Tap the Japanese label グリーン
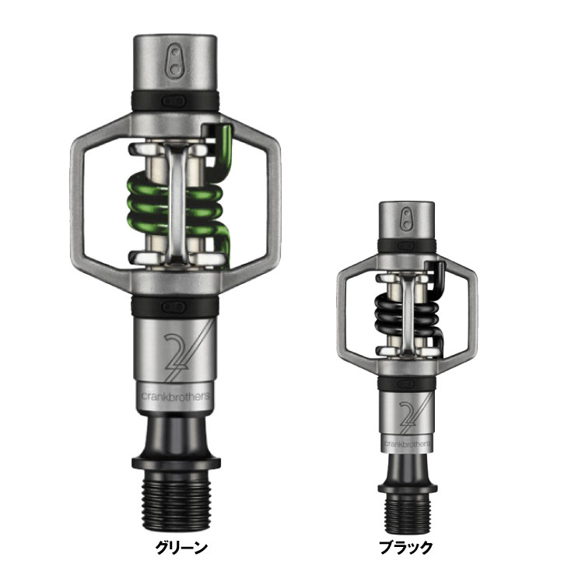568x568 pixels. tap(179, 547)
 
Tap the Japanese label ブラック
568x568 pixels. tap(406, 547)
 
